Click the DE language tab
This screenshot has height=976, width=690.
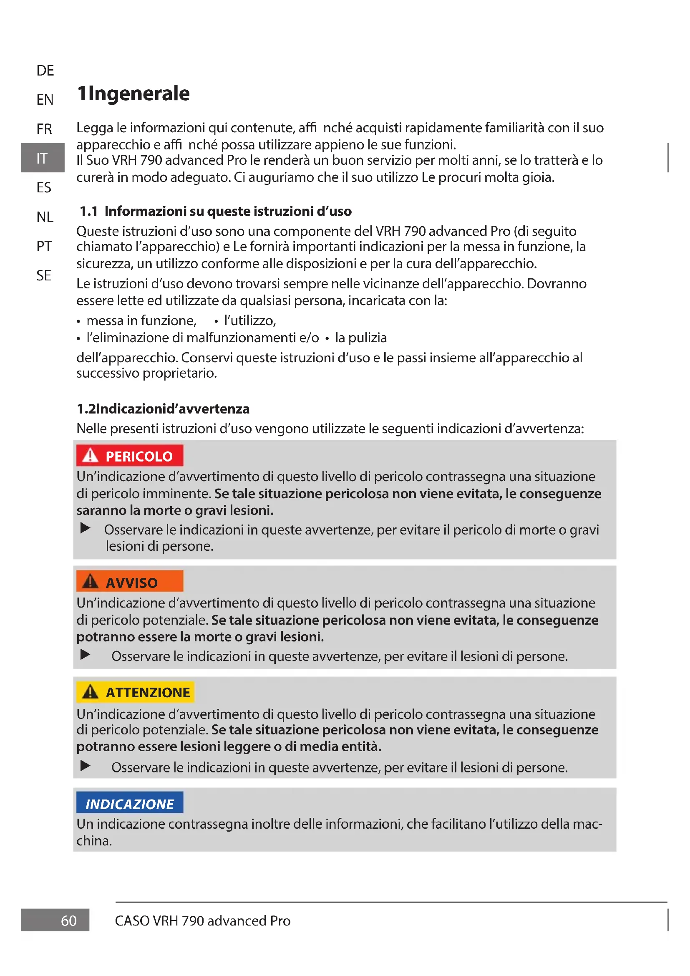coord(45,71)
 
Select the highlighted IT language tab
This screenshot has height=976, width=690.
coord(42,158)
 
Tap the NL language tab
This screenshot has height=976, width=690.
coord(45,217)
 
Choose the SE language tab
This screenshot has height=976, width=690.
coord(44,275)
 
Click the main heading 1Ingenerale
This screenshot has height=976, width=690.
coord(133,93)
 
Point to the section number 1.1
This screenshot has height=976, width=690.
coord(89,211)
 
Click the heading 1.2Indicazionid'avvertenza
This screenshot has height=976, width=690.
coord(163,409)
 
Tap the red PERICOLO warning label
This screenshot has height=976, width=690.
coord(130,456)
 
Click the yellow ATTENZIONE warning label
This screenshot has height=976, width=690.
coord(136,692)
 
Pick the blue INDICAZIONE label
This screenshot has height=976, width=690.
coord(130,804)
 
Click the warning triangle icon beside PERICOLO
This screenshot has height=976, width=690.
coord(90,456)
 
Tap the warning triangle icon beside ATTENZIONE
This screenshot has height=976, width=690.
coord(90,692)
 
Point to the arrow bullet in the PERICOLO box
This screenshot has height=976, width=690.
coord(86,528)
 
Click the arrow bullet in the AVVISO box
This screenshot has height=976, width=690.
coord(86,655)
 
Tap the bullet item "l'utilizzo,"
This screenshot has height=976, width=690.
coord(250,320)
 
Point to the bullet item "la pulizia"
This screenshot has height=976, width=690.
coord(361,338)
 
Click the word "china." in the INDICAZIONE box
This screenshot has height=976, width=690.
coord(94,841)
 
